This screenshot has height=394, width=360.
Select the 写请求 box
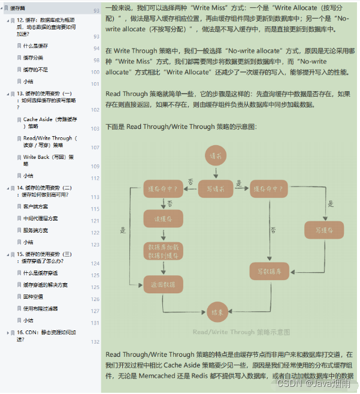216,189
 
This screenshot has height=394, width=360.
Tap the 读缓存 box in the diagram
163,219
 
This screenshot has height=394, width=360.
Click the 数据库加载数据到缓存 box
163,251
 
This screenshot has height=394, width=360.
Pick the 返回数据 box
163,284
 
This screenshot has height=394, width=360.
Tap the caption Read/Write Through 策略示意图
241,332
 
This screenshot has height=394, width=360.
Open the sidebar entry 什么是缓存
37,46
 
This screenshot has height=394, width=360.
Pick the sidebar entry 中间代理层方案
41,218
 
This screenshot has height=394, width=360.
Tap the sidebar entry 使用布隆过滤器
41,308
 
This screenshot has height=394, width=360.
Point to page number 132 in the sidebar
95,342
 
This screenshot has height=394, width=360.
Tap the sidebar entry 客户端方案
37,206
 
